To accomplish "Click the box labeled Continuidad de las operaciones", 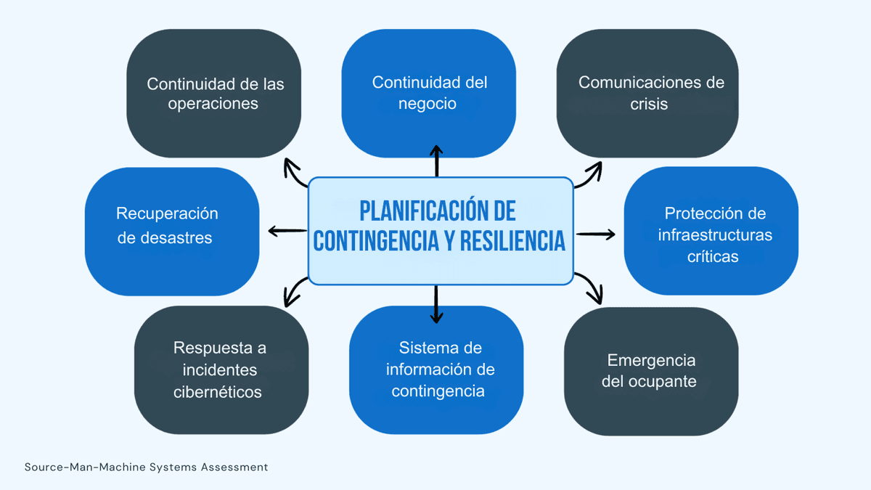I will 214,94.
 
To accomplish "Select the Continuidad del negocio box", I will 428,93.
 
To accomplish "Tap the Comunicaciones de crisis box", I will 647,93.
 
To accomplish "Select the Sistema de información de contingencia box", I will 436,369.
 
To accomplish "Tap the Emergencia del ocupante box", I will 651,371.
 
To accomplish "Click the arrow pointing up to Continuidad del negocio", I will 436,161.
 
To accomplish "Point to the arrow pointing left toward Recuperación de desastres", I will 287,232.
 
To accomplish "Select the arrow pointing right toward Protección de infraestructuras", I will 595,234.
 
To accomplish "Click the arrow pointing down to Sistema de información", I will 436,305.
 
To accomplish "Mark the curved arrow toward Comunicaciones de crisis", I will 589,175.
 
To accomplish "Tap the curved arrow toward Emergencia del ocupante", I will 590,288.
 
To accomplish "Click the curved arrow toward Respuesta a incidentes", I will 294,291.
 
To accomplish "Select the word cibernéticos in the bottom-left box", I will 218,392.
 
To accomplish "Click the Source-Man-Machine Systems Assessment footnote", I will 147,467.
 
